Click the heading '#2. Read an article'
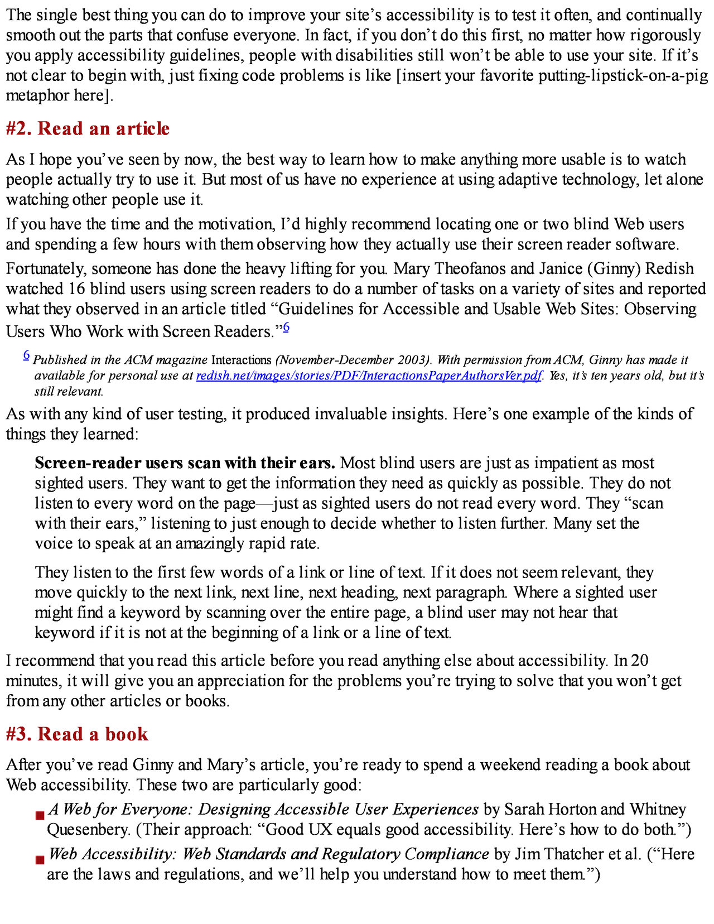pyautogui.click(x=88, y=129)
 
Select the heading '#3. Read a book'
pyautogui.click(x=77, y=734)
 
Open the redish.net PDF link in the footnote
pyautogui.click(x=369, y=376)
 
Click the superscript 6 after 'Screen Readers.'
pyautogui.click(x=286, y=327)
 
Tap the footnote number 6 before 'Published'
pyautogui.click(x=26, y=354)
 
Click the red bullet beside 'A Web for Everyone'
pyautogui.click(x=40, y=816)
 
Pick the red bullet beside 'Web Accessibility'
pyautogui.click(x=40, y=860)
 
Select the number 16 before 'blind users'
pyautogui.click(x=77, y=289)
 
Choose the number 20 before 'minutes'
pyautogui.click(x=639, y=661)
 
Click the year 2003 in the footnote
pyautogui.click(x=415, y=360)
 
